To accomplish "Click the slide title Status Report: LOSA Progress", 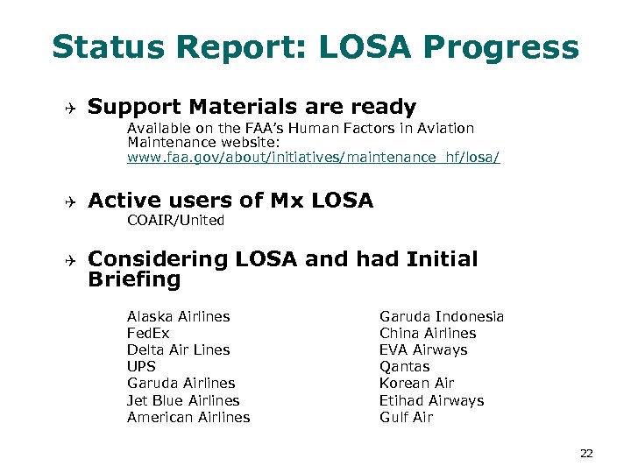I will pos(315,47).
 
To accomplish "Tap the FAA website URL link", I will pos(313,159).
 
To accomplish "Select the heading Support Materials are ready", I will pos(252,108).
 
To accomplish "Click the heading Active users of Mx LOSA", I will pos(230,201).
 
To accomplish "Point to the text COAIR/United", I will pos(175,221).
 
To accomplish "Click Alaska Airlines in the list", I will pos(178,316).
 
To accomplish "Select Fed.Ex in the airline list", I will pos(148,333).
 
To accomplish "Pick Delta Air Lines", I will pos(178,349).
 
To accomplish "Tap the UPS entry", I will pos(141,366).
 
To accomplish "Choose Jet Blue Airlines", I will pos(183,400).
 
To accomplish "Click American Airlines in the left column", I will pos(188,417).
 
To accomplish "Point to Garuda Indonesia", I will pos(442,316).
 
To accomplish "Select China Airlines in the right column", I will pos(428,333).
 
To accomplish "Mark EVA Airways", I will pos(423,349).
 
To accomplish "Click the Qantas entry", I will pos(405,366).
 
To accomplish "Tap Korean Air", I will pos(417,383).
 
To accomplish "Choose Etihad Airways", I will pos(431,400).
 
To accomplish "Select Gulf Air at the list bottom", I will pos(406,417).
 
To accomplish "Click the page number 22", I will pos(586,453).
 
